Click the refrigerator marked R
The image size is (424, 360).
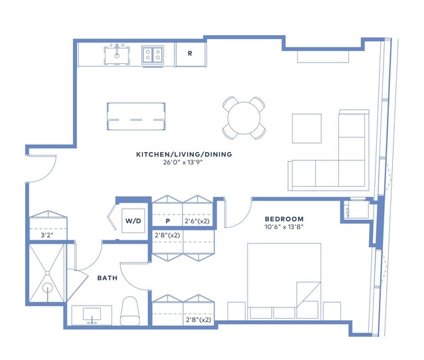(190, 54)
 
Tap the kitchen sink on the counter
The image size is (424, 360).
(117, 55)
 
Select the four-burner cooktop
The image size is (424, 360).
(153, 54)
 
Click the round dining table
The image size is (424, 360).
(244, 118)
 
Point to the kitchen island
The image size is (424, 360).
(136, 116)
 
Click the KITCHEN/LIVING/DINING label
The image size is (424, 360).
(184, 154)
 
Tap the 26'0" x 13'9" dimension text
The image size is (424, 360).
(183, 163)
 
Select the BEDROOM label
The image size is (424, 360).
(284, 219)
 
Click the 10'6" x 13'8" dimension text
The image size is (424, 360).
(284, 227)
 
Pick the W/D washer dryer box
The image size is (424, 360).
(133, 221)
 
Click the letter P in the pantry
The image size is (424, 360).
(168, 221)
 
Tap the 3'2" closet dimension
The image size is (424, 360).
(47, 235)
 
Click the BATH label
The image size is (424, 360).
(107, 278)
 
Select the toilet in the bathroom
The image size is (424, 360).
(130, 311)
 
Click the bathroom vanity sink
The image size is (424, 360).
(92, 315)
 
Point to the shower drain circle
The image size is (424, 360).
(48, 288)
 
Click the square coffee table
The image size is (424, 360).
(307, 128)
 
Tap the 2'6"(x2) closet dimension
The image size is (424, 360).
(197, 221)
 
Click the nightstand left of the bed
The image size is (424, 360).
(237, 311)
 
